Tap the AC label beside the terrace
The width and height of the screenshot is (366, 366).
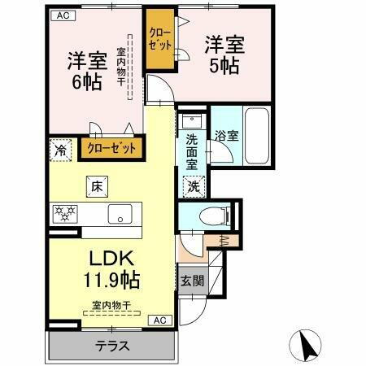pyautogui.click(x=161, y=320)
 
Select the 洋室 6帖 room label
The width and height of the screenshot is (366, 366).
pyautogui.click(x=85, y=70)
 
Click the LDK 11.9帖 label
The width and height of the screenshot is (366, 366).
pyautogui.click(x=111, y=269)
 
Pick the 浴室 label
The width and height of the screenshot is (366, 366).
pyautogui.click(x=227, y=136)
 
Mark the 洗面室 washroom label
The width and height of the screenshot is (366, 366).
pyautogui.click(x=192, y=150)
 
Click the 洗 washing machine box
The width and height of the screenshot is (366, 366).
pyautogui.click(x=194, y=185)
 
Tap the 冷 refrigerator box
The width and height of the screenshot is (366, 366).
pyautogui.click(x=60, y=150)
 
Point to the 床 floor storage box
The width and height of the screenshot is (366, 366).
pyautogui.click(x=95, y=186)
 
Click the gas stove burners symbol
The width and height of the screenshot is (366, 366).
pyautogui.click(x=64, y=215)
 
